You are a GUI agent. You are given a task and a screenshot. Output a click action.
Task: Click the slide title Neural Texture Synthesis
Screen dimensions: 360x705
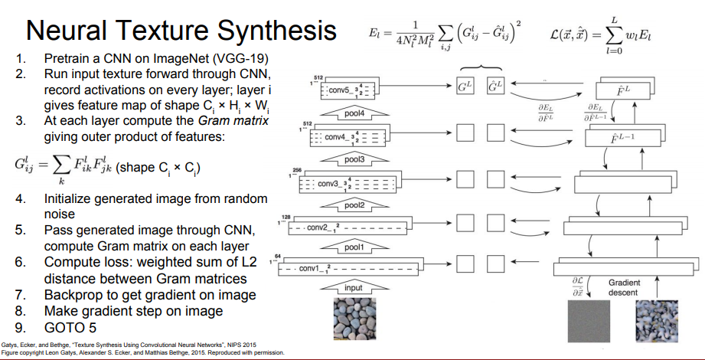click(181, 30)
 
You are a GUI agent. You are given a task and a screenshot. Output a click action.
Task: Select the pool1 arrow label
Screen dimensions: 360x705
click(352, 247)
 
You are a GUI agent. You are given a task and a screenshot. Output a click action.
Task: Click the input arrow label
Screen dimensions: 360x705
click(352, 288)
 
